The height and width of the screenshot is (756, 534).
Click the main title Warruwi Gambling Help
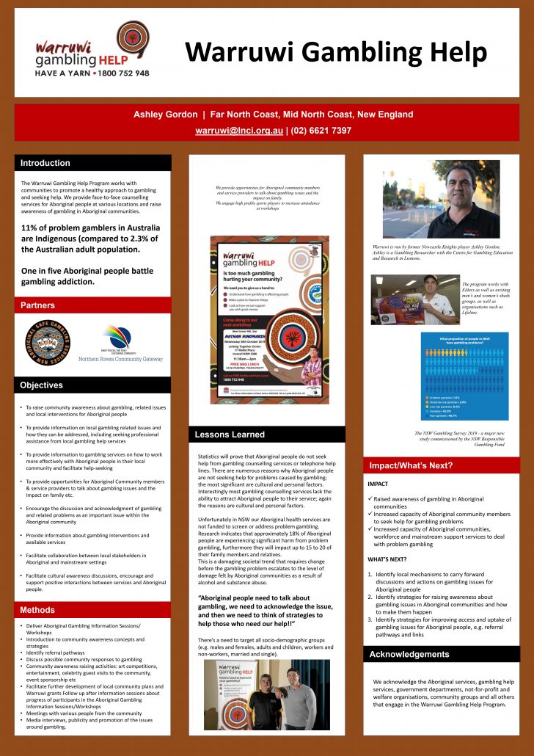[x=336, y=53]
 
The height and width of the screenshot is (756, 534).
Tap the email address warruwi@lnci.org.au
[x=238, y=131]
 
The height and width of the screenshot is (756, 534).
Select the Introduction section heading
[x=45, y=163]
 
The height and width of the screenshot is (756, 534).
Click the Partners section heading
[x=37, y=305]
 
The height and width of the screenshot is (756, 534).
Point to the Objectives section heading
[x=42, y=385]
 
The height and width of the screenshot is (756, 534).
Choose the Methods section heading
[x=37, y=610]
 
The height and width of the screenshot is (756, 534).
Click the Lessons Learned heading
[x=230, y=435]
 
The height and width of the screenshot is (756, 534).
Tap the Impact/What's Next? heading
[x=410, y=465]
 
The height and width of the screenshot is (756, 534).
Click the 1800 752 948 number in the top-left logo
[x=120, y=73]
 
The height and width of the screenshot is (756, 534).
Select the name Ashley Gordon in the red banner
[x=165, y=115]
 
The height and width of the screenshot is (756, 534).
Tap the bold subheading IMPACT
[x=378, y=484]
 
